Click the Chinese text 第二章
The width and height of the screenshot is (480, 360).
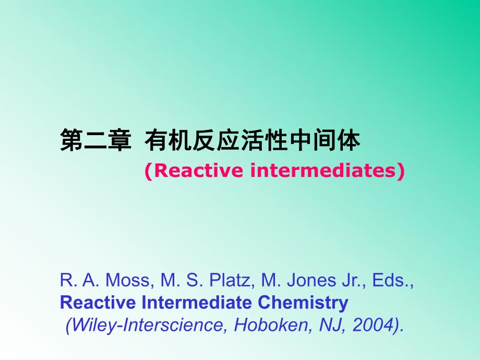click(95, 141)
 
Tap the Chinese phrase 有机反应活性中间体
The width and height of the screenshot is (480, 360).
click(253, 141)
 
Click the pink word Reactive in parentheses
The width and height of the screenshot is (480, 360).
click(191, 171)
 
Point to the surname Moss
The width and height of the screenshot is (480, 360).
click(128, 280)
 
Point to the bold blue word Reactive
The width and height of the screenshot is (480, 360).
click(96, 303)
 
